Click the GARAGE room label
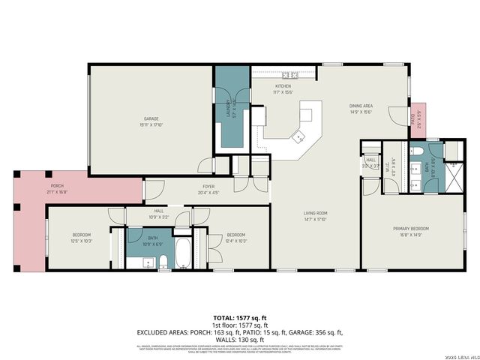point(151,118)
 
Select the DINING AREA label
point(361,106)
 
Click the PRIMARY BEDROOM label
point(410,228)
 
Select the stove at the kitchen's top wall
point(289,76)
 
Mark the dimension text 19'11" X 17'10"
point(151,124)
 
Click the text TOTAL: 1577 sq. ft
point(239,318)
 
